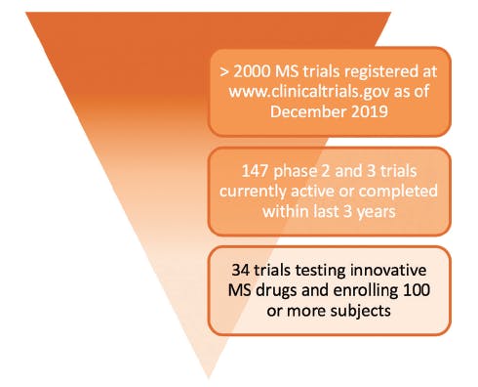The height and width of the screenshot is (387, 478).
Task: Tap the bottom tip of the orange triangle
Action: [209, 377]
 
